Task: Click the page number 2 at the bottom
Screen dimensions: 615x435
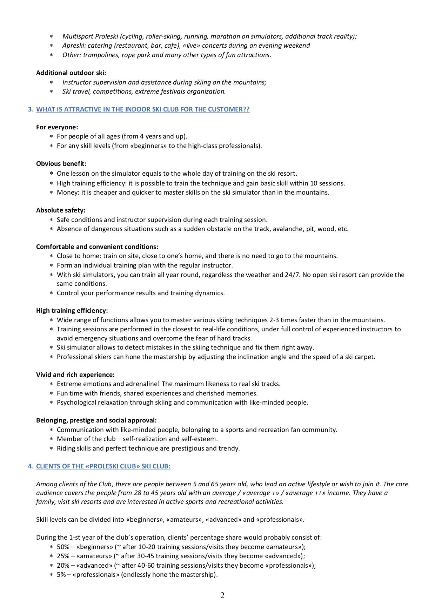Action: [222, 595]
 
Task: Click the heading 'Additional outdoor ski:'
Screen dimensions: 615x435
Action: [71, 73]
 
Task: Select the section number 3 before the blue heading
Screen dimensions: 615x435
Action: [31, 109]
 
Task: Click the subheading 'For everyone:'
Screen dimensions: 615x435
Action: [57, 127]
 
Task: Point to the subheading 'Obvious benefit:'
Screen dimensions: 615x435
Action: [61, 164]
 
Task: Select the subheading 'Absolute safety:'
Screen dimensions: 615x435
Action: [61, 210]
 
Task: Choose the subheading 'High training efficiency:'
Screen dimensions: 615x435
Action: [72, 311]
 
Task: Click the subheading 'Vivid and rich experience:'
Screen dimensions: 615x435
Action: [75, 375]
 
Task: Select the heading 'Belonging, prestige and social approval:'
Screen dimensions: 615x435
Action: [96, 420]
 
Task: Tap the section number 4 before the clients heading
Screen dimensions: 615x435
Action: [31, 466]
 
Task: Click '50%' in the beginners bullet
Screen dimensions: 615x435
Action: [63, 547]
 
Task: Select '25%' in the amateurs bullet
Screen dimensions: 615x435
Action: [63, 556]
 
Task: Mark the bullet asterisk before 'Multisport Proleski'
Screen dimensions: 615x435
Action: [51, 37]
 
